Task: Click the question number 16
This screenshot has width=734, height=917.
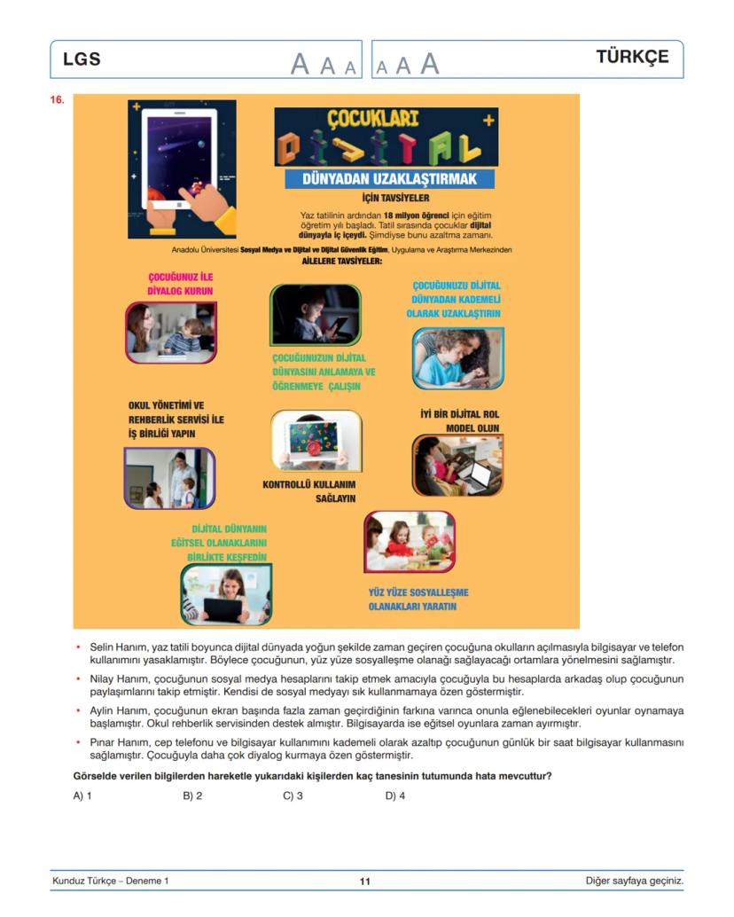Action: click(58, 100)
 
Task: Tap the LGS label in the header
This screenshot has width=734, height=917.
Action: click(82, 59)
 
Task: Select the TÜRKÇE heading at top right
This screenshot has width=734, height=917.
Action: click(632, 58)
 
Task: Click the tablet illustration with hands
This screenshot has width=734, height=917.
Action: click(183, 169)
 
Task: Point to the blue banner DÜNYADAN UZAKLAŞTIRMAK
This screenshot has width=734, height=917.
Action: click(389, 179)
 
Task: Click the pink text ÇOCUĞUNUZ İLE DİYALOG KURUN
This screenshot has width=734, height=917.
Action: click(180, 284)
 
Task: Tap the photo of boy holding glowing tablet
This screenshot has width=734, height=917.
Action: click(316, 315)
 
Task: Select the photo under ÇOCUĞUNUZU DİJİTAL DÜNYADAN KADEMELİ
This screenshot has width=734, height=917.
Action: click(457, 358)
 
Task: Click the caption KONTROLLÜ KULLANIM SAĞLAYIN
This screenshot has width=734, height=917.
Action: click(309, 491)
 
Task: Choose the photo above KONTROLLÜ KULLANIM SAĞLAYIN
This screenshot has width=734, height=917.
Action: click(316, 441)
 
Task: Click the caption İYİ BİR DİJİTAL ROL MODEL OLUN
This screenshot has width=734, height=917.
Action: click(459, 420)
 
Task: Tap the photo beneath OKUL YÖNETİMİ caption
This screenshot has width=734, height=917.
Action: click(169, 478)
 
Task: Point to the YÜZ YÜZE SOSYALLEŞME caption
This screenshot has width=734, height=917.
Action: click(418, 599)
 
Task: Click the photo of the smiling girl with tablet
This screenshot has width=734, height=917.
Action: click(226, 594)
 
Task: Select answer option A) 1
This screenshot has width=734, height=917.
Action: click(82, 796)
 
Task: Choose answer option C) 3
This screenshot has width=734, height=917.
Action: click(293, 796)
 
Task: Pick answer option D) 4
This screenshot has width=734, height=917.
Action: click(394, 796)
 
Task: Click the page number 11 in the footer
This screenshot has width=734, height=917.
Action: click(365, 882)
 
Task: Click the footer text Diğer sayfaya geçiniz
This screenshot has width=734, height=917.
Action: click(634, 881)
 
